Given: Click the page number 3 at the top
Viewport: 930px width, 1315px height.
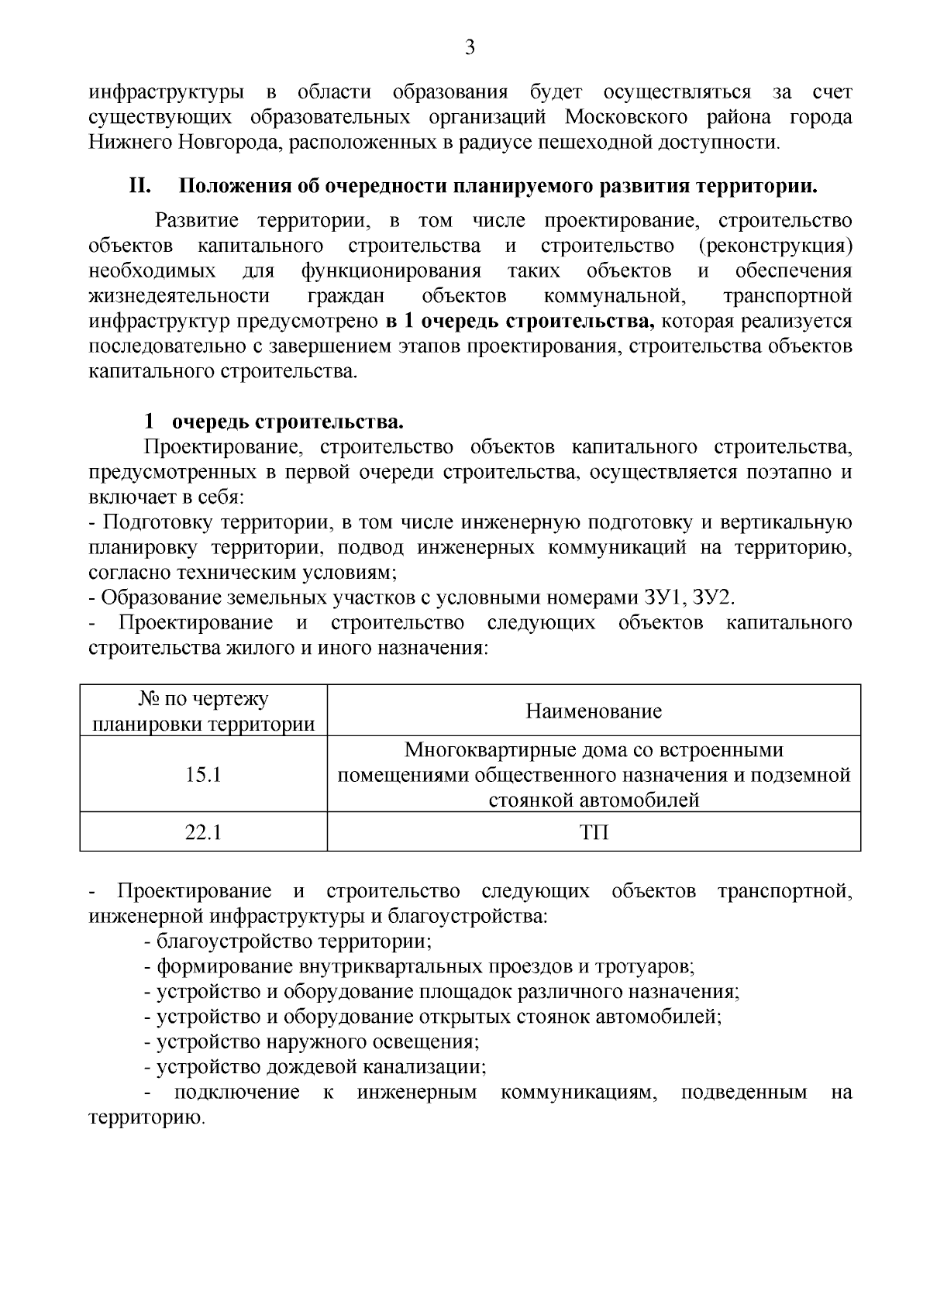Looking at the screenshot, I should pos(469,48).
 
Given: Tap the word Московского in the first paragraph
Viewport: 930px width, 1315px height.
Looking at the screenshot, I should pos(625,117).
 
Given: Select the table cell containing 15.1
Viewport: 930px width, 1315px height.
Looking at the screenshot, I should pos(203,774).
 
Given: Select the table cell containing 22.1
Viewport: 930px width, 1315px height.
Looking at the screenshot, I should pos(203,832).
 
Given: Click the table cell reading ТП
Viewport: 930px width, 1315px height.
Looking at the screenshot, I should pos(594,832).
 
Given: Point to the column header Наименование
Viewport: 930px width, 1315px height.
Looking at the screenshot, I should pos(594,711).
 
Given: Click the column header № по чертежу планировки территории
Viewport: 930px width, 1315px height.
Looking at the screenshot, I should pos(203,711).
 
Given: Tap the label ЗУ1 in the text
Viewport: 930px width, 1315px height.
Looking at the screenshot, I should pos(664,597).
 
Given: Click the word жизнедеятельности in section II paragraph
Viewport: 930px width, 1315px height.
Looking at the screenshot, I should pos(180,296).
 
